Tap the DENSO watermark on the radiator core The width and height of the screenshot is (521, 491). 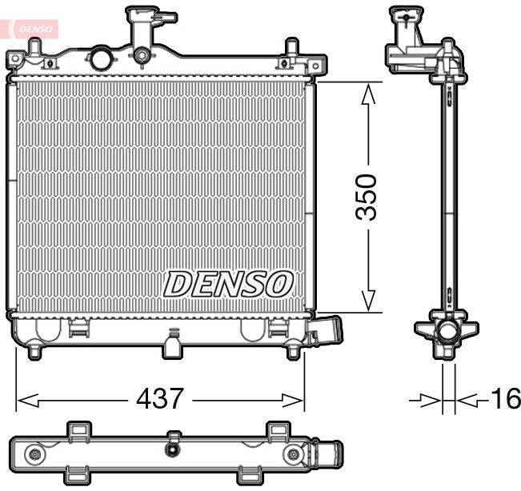(228, 284)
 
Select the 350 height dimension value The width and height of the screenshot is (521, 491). (367, 197)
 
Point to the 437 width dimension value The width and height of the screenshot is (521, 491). (161, 397)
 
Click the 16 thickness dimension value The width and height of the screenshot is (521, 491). (504, 397)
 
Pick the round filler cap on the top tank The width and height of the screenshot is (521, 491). (102, 58)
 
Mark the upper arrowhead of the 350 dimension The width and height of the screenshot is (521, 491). (367, 95)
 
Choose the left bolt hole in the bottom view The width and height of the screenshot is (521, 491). (34, 455)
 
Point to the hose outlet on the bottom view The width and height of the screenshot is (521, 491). (330, 455)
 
